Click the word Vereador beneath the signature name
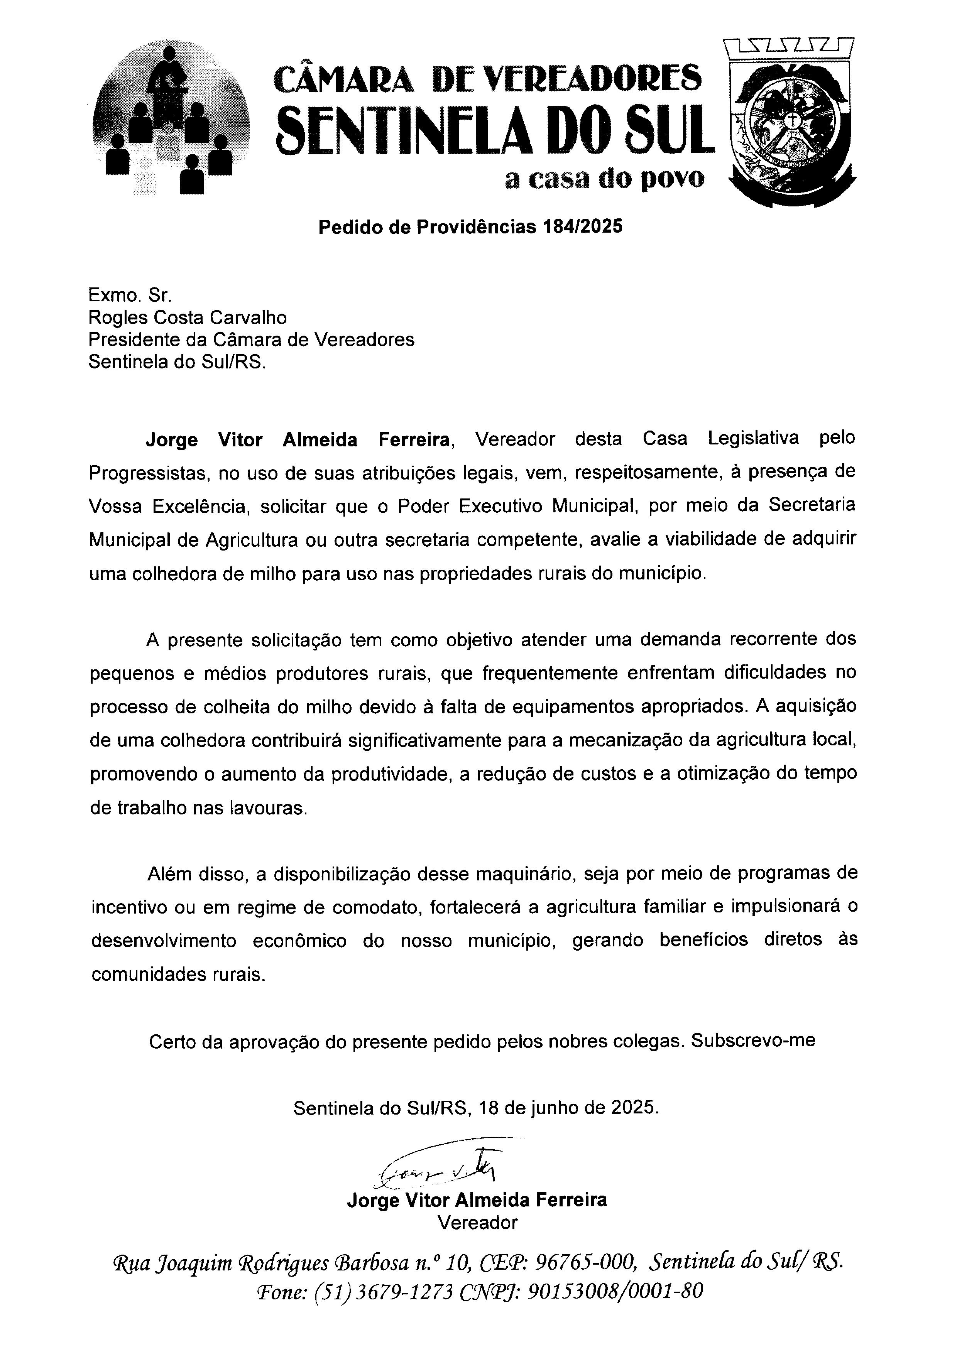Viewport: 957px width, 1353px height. (477, 1222)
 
